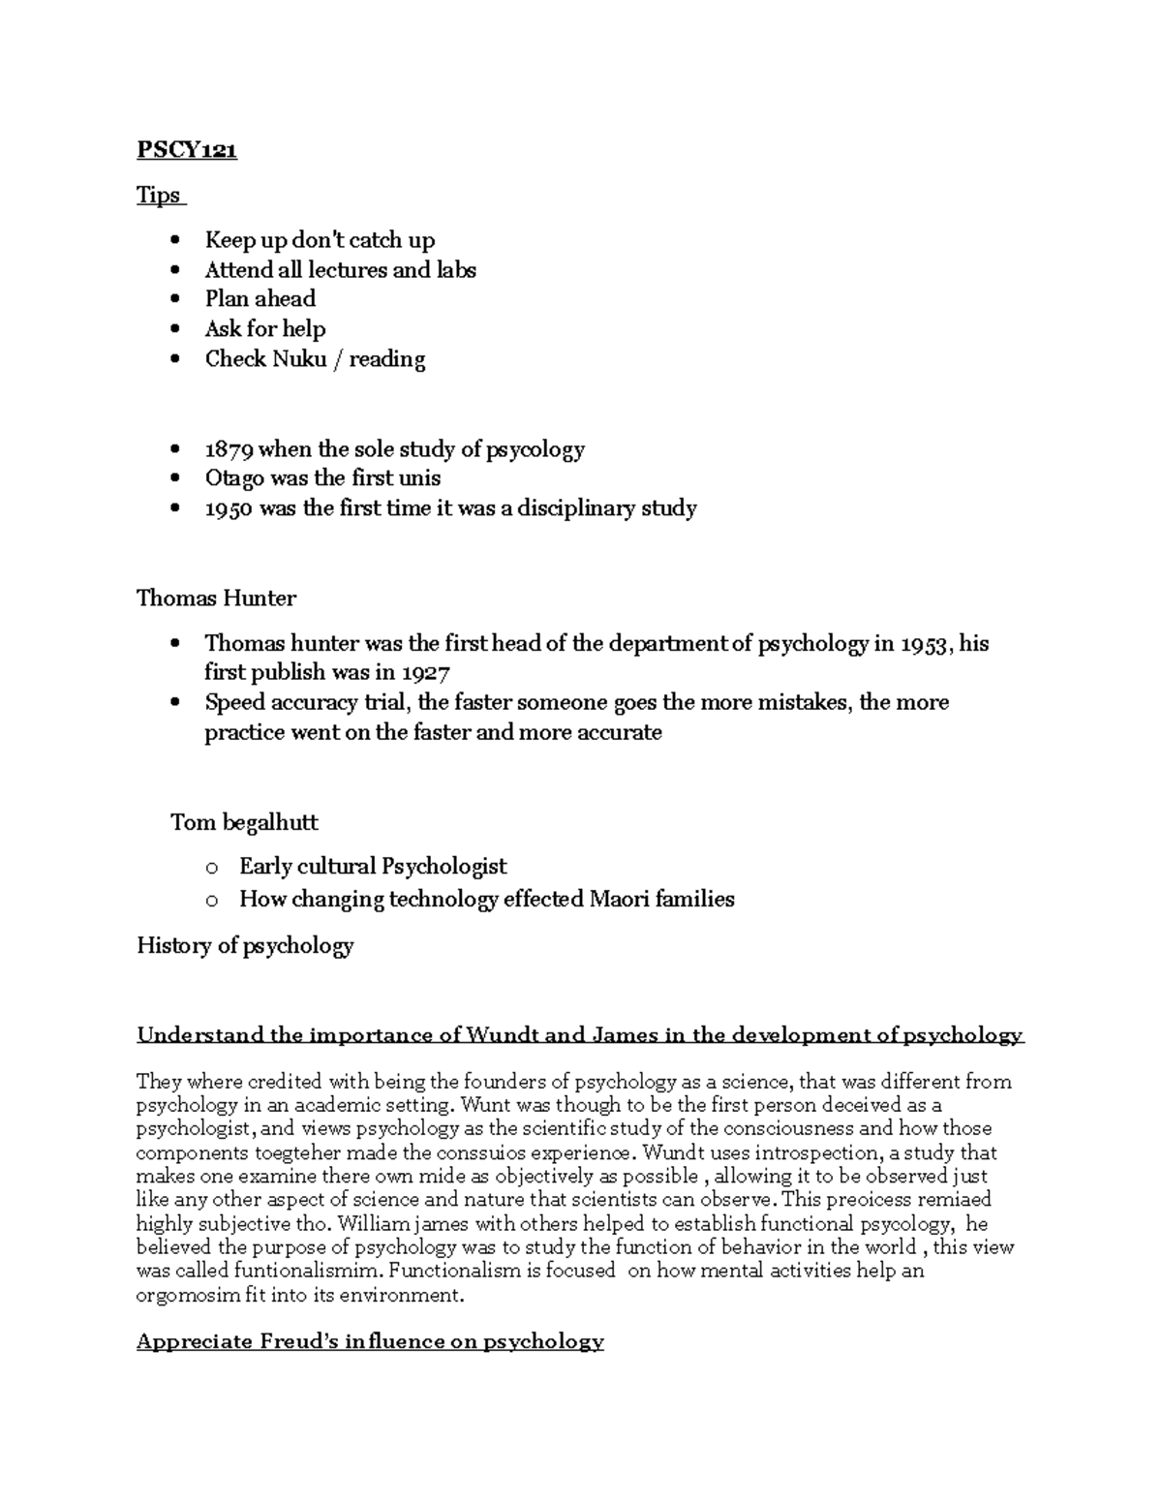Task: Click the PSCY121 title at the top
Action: pos(187,150)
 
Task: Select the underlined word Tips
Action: pos(159,196)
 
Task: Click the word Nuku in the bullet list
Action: pos(299,359)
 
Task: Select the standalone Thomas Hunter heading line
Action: pos(216,599)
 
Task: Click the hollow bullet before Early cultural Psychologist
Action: pos(212,868)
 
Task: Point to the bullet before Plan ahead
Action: pos(174,300)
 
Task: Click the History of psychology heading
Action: pos(245,946)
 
